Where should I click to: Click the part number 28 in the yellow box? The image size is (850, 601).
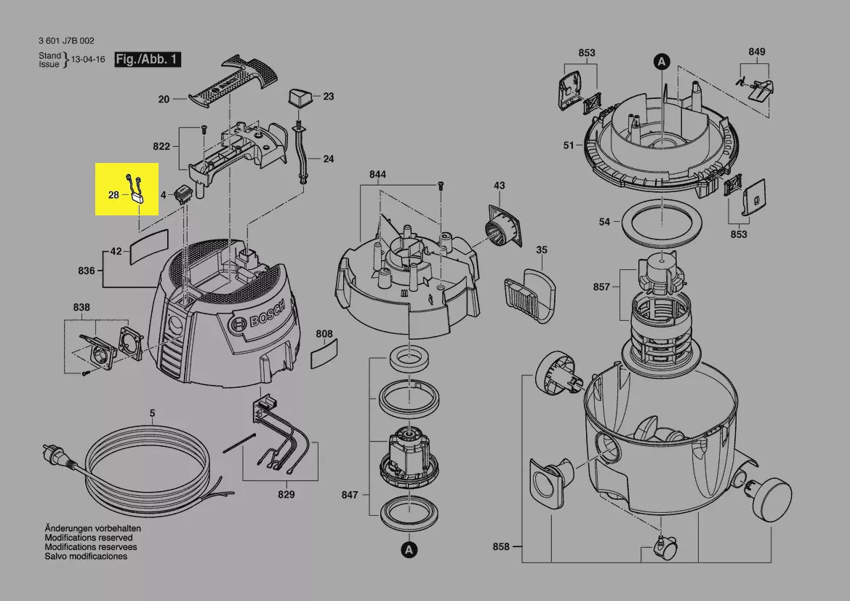(x=113, y=195)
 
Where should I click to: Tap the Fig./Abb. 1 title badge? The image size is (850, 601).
(x=148, y=60)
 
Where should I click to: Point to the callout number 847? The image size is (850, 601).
(x=350, y=495)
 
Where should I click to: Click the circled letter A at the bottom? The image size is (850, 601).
(x=409, y=549)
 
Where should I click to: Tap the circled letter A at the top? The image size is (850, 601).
(x=661, y=62)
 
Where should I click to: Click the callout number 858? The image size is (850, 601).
(x=501, y=546)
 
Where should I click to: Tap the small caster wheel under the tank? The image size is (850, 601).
(x=663, y=545)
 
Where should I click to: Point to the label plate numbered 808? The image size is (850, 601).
(x=324, y=356)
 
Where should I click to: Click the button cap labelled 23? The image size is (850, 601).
(x=299, y=96)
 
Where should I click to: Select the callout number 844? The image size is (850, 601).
(x=377, y=175)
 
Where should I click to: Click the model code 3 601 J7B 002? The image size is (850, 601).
(x=66, y=41)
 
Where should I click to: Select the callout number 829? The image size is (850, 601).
(x=286, y=495)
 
